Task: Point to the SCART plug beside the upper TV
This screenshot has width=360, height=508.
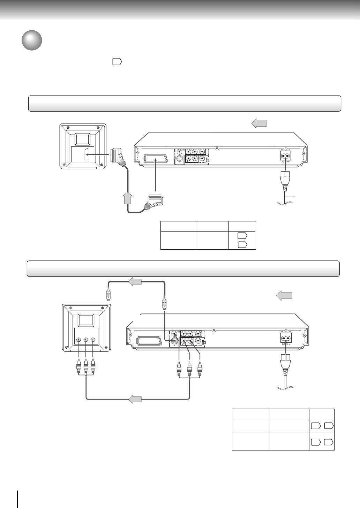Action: coord(117,156)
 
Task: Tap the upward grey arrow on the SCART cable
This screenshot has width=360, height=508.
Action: coord(128,198)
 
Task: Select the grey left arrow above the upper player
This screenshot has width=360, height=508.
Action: coord(259,123)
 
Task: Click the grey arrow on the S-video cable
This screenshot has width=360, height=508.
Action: coord(135,282)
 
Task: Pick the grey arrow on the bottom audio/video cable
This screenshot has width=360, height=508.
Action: coord(135,399)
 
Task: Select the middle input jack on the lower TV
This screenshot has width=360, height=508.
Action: coord(86,340)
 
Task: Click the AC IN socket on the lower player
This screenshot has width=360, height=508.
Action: coord(286,338)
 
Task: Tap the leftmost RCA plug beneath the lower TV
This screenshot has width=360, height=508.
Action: coord(79,367)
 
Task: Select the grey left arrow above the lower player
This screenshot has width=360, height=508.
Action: coord(284,296)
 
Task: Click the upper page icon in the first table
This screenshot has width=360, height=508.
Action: coord(242,236)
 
